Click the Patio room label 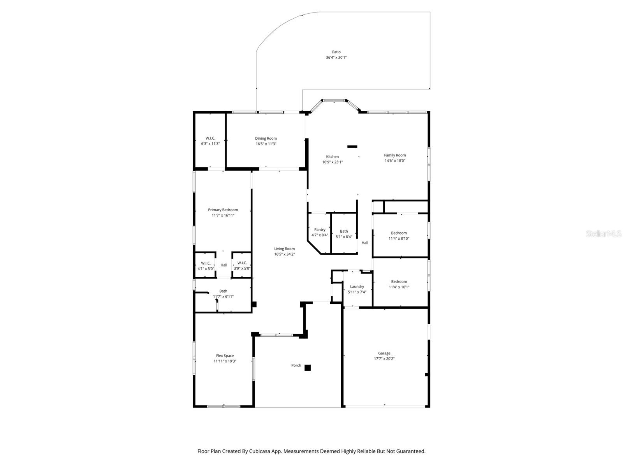pyautogui.click(x=336, y=52)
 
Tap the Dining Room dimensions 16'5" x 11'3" pyautogui.click(x=266, y=144)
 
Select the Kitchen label pyautogui.click(x=332, y=157)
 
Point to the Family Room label pyautogui.click(x=395, y=155)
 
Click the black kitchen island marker pyautogui.click(x=352, y=147)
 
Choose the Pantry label pyautogui.click(x=320, y=230)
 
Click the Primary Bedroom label pyautogui.click(x=223, y=210)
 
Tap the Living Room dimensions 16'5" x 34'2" pyautogui.click(x=284, y=255)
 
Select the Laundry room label pyautogui.click(x=357, y=287)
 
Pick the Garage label pyautogui.click(x=384, y=353)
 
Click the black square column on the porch pyautogui.click(x=308, y=368)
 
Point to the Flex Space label pyautogui.click(x=225, y=356)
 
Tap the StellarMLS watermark pyautogui.click(x=603, y=234)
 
